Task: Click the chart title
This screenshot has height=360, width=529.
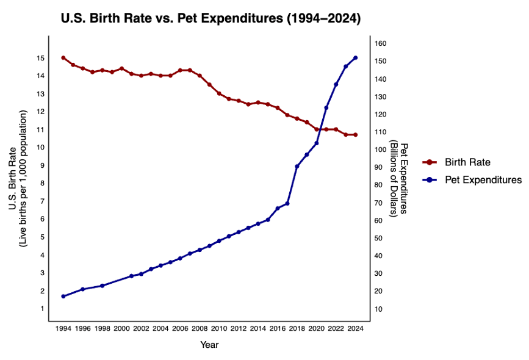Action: click(211, 19)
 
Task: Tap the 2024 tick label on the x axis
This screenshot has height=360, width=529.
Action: click(356, 328)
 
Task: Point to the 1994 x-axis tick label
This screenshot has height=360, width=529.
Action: click(63, 328)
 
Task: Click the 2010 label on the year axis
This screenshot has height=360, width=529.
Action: click(219, 328)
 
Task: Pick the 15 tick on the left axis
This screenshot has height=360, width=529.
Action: click(40, 58)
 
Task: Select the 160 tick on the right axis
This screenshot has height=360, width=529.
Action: click(380, 43)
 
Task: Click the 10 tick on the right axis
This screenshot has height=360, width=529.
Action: click(378, 309)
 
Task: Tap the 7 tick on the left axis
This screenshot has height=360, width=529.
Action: click(40, 201)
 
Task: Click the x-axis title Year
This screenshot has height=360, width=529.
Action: click(209, 345)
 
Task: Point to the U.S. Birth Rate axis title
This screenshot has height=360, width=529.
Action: click(18, 179)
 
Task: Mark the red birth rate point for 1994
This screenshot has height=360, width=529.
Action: click(63, 57)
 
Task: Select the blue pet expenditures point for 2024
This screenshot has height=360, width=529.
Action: click(356, 58)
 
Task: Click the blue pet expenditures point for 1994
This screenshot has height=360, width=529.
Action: click(63, 296)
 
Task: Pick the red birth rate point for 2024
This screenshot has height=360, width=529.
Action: click(356, 135)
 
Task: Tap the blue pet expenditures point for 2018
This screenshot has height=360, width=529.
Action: click(297, 166)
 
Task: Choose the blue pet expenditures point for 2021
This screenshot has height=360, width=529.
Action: click(326, 108)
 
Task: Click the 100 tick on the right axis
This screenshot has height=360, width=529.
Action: click(380, 149)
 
